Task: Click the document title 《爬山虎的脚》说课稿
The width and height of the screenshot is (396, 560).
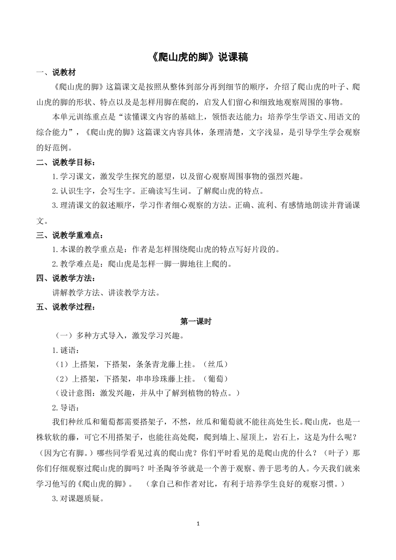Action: point(198,57)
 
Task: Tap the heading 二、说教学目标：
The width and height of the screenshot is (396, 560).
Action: point(66,162)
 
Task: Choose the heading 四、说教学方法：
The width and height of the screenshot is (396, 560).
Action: point(66,278)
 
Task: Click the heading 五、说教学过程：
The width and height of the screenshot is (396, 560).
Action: point(66,307)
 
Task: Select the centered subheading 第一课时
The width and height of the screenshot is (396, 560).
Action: point(196,322)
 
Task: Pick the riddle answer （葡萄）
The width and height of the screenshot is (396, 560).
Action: point(216,379)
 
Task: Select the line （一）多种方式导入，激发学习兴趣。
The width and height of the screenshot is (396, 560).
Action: point(120,336)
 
